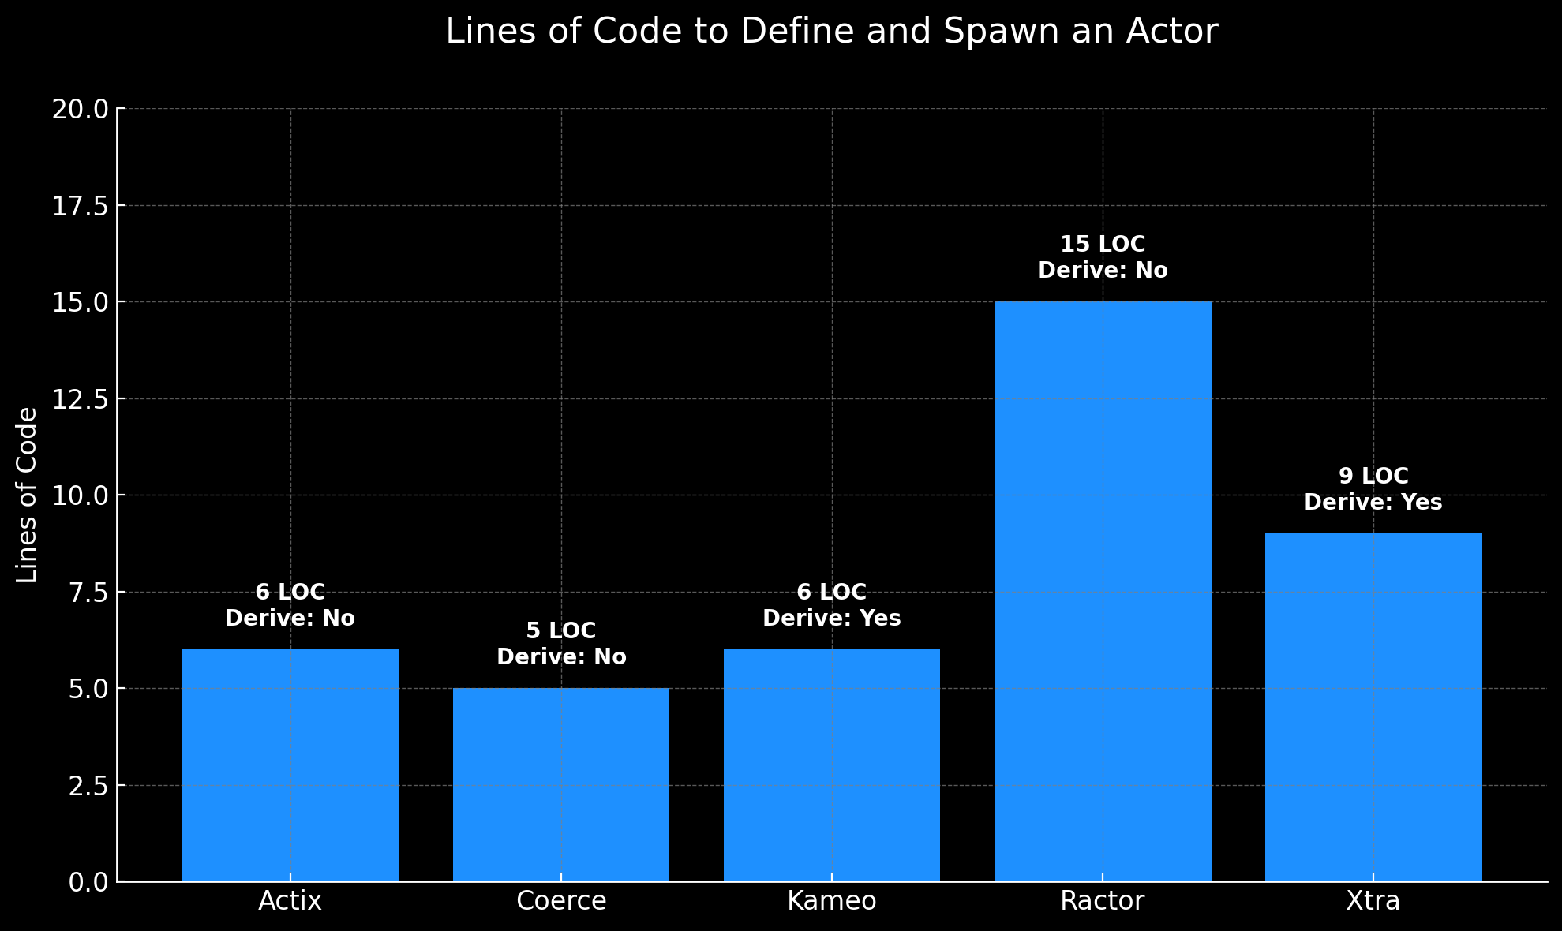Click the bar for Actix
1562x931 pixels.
point(290,765)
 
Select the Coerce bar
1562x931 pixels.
point(561,784)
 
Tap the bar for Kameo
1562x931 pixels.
point(832,765)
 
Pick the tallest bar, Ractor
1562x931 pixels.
point(1103,591)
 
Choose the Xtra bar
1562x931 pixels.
point(1373,707)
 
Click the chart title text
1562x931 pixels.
point(832,32)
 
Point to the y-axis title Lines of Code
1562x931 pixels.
point(27,495)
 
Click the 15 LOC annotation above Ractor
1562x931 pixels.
point(1103,245)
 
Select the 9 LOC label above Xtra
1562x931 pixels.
point(1373,477)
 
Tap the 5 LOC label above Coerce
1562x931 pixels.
point(561,631)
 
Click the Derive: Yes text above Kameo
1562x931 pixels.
point(832,619)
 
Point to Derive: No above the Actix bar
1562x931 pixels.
point(290,619)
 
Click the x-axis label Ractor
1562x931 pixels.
point(1103,901)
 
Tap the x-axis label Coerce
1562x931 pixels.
point(561,901)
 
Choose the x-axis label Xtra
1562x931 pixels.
point(1373,901)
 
